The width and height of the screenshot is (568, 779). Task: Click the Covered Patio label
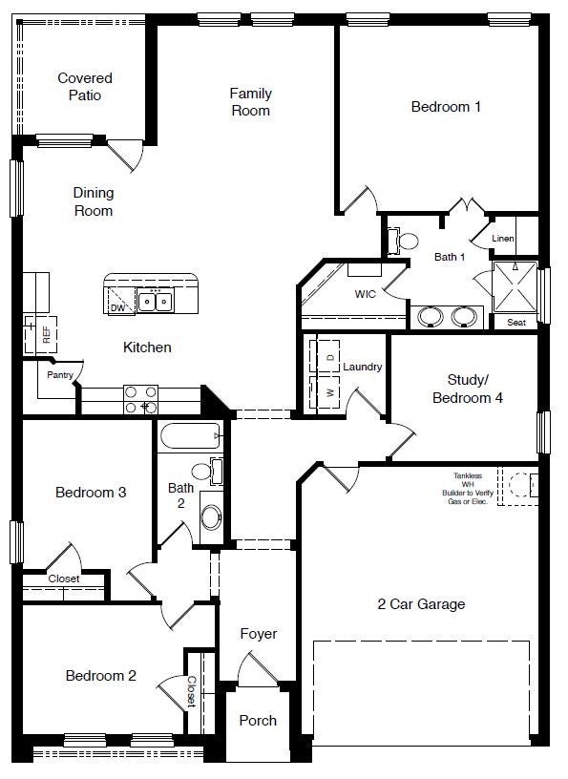coord(84,86)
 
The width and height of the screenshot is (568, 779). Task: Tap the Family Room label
coord(250,102)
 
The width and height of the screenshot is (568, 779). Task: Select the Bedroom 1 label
coord(446,107)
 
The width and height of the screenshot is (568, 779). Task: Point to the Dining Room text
coord(94,201)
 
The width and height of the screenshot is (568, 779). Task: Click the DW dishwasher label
coord(117,307)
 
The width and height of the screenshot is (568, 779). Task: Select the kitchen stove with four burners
coord(140,398)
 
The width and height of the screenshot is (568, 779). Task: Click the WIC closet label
coord(365,294)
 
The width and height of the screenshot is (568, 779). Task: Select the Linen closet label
coord(503,239)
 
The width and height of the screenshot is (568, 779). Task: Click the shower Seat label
coord(515,323)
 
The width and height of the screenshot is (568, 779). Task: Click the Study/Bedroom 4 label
coord(468,389)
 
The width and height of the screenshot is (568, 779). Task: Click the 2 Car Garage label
coord(421,603)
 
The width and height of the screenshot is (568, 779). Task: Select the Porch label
coord(258,721)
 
